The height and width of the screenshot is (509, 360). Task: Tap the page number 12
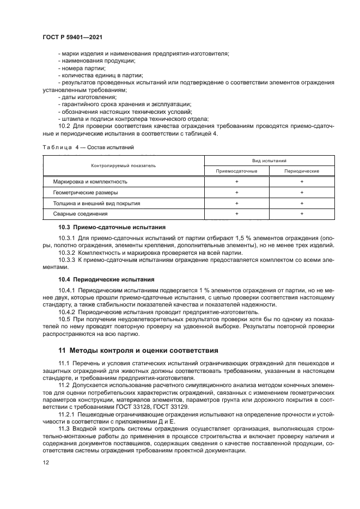45,463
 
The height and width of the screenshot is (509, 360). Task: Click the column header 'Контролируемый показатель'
123,165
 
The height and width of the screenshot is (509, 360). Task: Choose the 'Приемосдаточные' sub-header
236,171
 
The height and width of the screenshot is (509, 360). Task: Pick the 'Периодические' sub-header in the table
302,171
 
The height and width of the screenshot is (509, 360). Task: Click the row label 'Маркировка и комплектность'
90,181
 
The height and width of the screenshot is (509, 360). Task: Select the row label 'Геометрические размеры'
85,192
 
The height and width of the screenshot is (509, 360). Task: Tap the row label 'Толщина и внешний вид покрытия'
96,203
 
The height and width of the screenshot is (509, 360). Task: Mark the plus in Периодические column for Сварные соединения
302,214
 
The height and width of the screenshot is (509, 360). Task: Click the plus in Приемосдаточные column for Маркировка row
236,181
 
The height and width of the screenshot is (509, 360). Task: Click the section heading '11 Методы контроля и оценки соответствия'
139,350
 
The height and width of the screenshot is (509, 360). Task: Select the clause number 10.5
64,320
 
